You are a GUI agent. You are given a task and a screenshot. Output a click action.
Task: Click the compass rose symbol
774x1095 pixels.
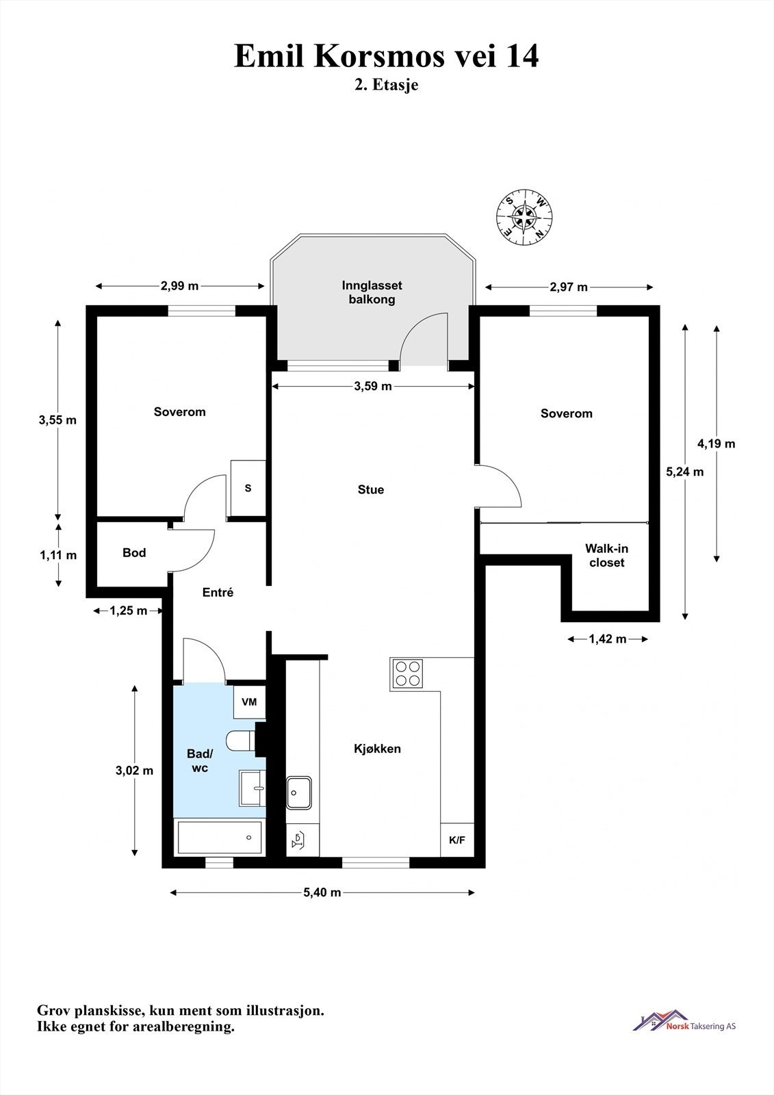click(524, 216)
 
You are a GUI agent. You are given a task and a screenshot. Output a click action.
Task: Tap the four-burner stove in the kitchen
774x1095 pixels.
click(407, 673)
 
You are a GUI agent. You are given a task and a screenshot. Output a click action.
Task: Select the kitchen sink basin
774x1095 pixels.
click(299, 793)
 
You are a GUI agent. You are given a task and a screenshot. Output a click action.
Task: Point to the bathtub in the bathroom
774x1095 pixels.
click(220, 838)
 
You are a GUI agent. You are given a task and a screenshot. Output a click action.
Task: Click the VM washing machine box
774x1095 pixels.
click(249, 702)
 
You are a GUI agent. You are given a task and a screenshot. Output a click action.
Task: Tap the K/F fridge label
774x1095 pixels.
click(457, 840)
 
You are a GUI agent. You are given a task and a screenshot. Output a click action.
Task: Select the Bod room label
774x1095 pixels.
click(134, 552)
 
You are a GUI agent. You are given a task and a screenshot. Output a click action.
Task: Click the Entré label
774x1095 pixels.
click(218, 592)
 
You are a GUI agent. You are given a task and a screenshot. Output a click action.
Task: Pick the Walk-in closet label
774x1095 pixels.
click(607, 555)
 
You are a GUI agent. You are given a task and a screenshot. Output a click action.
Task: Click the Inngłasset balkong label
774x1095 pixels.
click(372, 292)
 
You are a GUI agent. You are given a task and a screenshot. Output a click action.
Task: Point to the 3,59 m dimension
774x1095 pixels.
click(373, 386)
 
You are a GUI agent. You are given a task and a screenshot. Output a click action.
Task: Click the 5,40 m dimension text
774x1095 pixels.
click(322, 892)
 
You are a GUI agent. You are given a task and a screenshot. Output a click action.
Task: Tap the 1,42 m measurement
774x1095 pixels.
click(608, 639)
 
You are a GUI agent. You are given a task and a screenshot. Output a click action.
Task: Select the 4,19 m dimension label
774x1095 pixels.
click(717, 443)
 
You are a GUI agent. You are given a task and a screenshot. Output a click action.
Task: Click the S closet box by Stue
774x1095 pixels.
click(248, 488)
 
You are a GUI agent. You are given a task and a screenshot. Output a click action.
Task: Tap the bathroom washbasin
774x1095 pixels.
click(253, 788)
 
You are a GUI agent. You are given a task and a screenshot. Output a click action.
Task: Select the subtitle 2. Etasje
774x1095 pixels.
click(387, 85)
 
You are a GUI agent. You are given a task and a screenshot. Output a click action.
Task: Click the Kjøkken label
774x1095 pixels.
click(378, 749)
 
